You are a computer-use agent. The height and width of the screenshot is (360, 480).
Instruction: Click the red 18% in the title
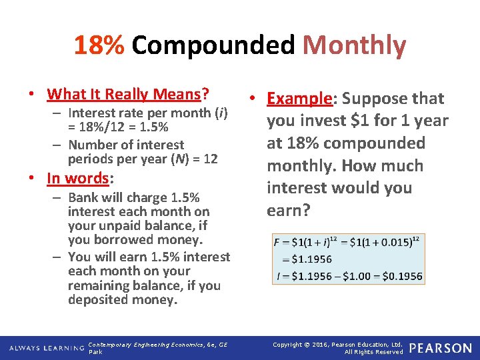click(x=99, y=45)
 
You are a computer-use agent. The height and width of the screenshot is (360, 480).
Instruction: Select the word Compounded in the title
click(x=213, y=45)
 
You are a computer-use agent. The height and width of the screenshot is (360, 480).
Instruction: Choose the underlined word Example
click(x=299, y=99)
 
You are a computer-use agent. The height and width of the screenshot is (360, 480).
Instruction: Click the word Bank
click(x=83, y=197)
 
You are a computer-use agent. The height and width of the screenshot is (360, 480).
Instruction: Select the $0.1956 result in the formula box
click(x=403, y=275)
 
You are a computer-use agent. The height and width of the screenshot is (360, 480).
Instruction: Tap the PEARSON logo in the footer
click(x=440, y=347)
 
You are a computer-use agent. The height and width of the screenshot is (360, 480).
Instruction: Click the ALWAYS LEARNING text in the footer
click(x=45, y=348)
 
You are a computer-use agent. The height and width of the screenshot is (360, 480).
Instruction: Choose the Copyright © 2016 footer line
click(x=338, y=344)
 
